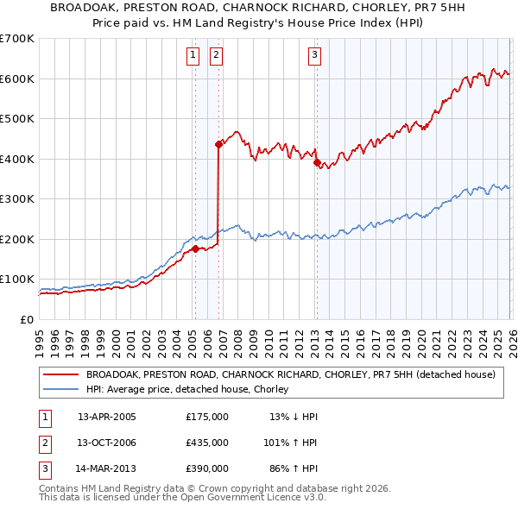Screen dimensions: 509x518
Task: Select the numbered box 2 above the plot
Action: (215, 56)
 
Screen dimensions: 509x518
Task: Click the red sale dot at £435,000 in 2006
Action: (219, 145)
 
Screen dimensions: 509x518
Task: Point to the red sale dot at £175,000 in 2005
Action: (195, 249)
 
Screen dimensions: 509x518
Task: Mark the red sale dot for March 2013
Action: (317, 162)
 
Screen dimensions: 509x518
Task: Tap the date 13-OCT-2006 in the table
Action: (106, 442)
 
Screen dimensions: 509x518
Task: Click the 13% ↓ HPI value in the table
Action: (294, 416)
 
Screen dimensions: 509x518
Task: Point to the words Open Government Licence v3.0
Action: (256, 497)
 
